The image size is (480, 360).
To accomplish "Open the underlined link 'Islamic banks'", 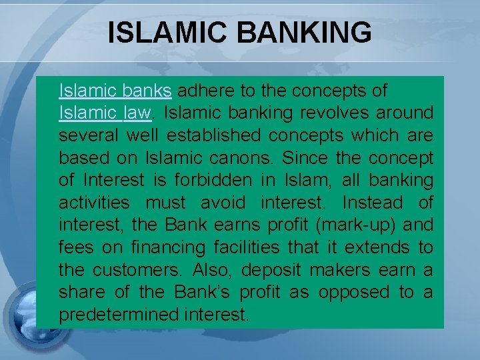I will click(x=115, y=90).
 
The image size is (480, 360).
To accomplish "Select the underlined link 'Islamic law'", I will click(x=105, y=113).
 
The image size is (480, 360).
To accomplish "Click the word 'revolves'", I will click(x=331, y=113).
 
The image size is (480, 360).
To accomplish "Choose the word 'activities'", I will click(x=95, y=203).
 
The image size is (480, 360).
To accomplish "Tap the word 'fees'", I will click(x=75, y=248).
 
